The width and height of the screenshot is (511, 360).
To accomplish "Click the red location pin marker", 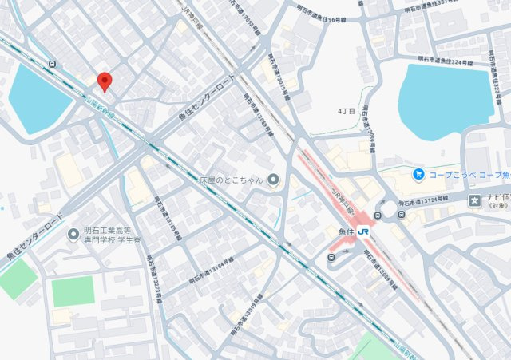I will (x=104, y=81).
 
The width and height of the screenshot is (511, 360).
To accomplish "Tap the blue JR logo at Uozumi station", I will (x=364, y=232).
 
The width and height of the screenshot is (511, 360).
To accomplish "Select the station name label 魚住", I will (x=347, y=232).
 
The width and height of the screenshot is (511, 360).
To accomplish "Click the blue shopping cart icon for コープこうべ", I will (x=418, y=173).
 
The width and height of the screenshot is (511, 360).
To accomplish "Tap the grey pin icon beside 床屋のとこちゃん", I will (x=273, y=180).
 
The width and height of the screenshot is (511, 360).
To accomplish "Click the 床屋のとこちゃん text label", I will (x=232, y=180).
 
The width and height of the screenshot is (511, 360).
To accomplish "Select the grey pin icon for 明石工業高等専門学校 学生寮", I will (x=73, y=235).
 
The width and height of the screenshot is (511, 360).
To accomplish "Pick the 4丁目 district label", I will (x=346, y=111).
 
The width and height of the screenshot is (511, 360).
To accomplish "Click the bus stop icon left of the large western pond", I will (x=53, y=64).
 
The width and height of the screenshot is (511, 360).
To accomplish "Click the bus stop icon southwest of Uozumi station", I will (x=330, y=258).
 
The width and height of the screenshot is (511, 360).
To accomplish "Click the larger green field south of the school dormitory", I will (x=73, y=291).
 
